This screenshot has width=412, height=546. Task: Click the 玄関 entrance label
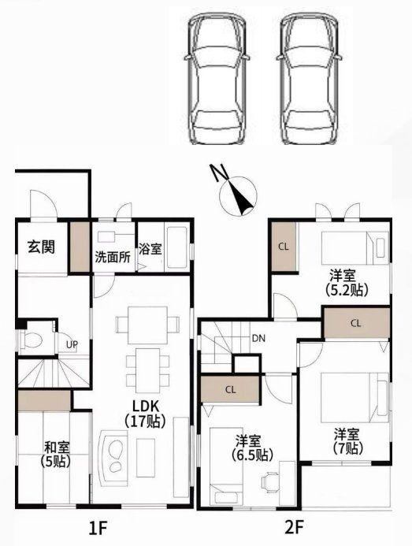[x=41, y=247]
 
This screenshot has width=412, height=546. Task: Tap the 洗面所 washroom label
[x=113, y=257]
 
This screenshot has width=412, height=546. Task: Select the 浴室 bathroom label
[x=150, y=249]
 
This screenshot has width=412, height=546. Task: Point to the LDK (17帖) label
[x=145, y=414]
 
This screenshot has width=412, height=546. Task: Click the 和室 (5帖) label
[x=56, y=454]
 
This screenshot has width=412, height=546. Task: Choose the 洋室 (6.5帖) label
[x=253, y=448]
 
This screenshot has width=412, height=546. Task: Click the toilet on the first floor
[x=32, y=339]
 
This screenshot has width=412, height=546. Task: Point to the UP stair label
[x=72, y=345]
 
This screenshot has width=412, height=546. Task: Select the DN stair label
[x=258, y=338]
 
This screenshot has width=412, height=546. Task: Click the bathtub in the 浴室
[x=176, y=248]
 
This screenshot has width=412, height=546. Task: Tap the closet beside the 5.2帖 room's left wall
[x=284, y=247]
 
